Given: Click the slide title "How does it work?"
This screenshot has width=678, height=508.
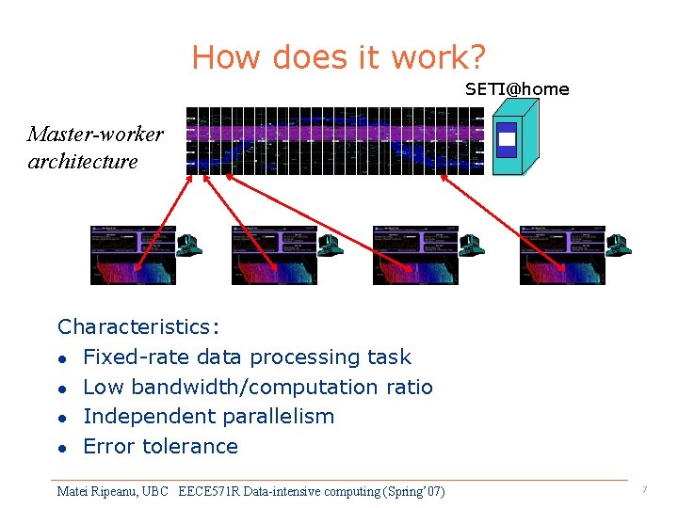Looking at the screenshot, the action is click(338, 57).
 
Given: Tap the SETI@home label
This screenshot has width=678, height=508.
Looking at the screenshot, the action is click(517, 89).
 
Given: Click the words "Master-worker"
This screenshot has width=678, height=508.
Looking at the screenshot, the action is click(95, 134).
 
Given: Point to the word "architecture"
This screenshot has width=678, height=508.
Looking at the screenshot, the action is click(83, 161).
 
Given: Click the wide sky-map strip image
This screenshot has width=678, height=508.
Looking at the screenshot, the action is click(334, 141).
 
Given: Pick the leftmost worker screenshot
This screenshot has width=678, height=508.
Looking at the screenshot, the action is click(133, 255).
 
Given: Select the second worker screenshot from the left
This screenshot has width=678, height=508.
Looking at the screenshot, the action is click(274, 255).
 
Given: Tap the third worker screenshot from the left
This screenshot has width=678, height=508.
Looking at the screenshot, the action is click(415, 255).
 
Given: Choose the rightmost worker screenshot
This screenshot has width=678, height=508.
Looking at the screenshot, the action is click(562, 255).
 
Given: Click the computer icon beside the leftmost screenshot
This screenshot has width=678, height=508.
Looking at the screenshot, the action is click(189, 245).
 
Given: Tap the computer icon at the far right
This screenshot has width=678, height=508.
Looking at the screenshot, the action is click(619, 245).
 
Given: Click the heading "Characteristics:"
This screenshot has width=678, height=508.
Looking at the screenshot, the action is click(138, 327).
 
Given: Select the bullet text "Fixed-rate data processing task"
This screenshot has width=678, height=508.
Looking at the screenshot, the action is click(247, 357).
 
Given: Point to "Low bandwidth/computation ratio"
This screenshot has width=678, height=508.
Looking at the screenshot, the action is click(258, 387).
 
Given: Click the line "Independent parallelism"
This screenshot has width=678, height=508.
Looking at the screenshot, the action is click(208, 416).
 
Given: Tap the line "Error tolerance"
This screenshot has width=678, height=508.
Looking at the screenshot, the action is click(160, 446).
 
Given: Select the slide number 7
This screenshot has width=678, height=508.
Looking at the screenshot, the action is click(644, 490).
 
